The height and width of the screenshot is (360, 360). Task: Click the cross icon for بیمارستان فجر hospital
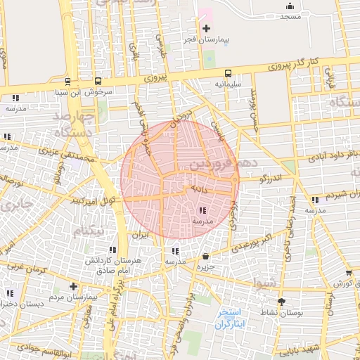[x=206, y=28]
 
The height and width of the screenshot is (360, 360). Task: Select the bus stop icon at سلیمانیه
[x=227, y=74]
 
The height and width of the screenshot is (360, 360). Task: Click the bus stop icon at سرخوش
[x=97, y=81]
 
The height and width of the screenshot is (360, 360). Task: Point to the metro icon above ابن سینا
[x=67, y=81]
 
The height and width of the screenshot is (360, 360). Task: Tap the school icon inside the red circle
[x=202, y=210]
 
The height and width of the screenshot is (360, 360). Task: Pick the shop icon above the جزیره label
[x=205, y=257]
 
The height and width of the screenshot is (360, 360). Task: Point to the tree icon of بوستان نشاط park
[x=282, y=301]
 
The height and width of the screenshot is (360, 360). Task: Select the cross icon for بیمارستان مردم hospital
[x=73, y=286]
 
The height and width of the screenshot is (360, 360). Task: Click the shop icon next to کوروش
[x=349, y=273]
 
